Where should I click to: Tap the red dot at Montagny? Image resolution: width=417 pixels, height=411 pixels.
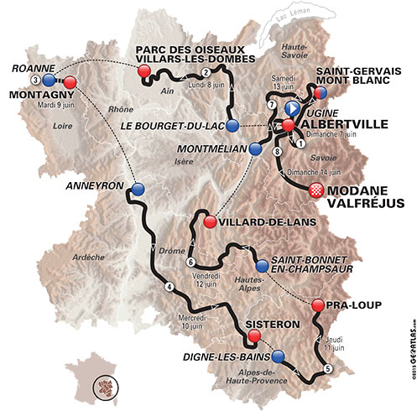click(x=70, y=81)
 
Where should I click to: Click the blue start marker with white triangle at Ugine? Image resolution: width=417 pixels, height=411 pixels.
click(x=292, y=109)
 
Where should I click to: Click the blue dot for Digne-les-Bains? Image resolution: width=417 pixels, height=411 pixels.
click(x=278, y=356)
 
